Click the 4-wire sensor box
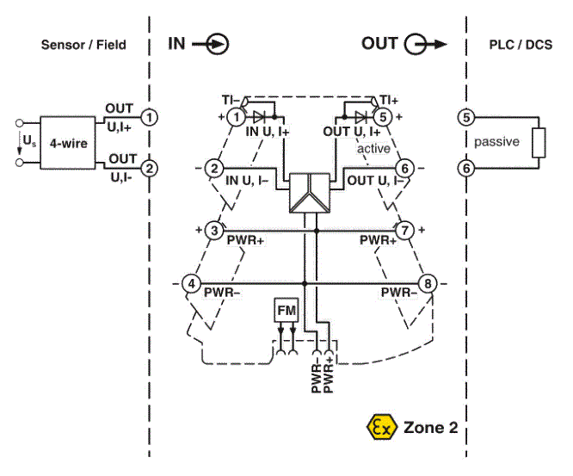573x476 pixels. click(x=68, y=143)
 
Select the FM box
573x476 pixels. click(x=286, y=310)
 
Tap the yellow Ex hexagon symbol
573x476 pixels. click(x=381, y=427)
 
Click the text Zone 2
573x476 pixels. click(x=430, y=428)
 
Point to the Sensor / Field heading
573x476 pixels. click(x=83, y=45)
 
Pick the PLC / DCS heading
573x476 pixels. click(x=521, y=45)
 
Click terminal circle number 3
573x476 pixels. click(x=214, y=231)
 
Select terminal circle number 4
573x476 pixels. click(x=191, y=283)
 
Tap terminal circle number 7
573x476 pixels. click(x=404, y=231)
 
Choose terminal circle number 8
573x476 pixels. click(x=428, y=283)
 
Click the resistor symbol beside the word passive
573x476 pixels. click(x=539, y=143)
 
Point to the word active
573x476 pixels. click(x=373, y=148)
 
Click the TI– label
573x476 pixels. click(x=231, y=100)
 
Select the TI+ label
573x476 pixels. click(x=389, y=100)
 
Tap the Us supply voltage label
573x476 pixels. click(x=29, y=140)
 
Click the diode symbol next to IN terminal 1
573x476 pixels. click(x=259, y=117)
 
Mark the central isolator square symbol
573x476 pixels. click(x=310, y=193)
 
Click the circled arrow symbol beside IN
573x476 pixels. click(x=218, y=44)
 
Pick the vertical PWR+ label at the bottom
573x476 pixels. click(x=328, y=374)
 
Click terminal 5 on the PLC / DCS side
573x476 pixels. click(x=466, y=117)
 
